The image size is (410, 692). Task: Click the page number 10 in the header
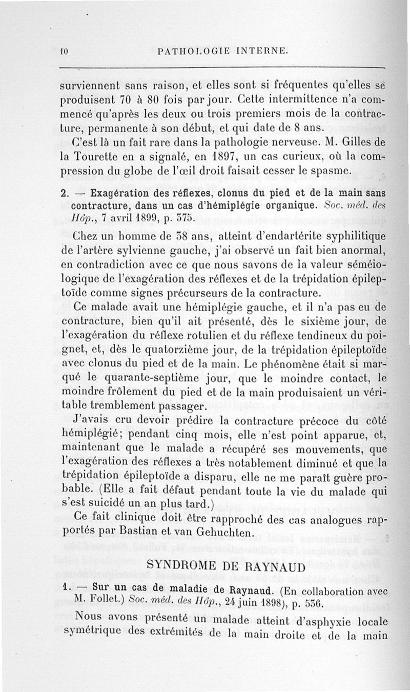(64, 51)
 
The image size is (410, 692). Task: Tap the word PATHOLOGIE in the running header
(191, 51)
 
